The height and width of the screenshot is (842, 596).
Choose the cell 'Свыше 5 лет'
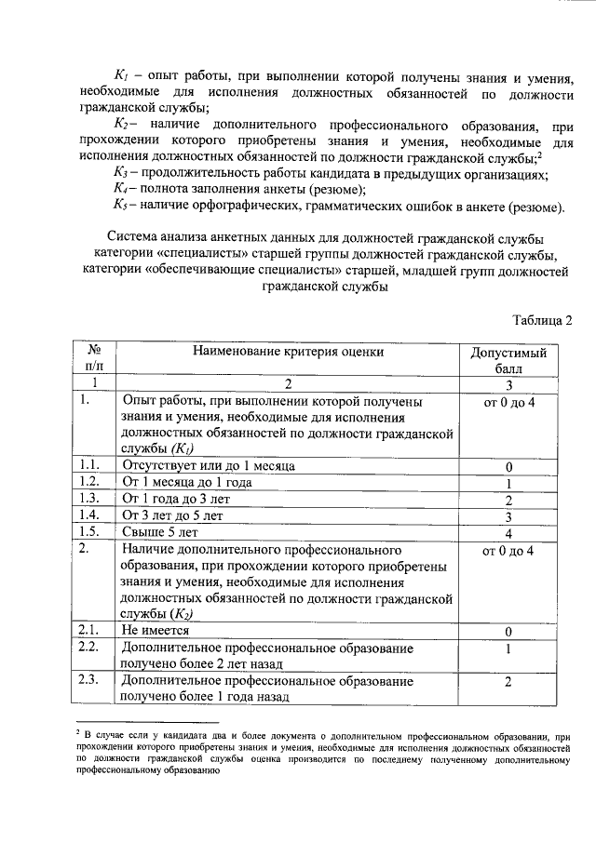pos(159,533)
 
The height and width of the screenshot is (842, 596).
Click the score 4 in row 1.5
pos(509,534)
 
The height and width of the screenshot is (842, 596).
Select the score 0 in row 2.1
pos(509,632)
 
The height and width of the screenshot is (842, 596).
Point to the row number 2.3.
pos(89,681)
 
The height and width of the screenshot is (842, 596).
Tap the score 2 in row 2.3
pos(509,682)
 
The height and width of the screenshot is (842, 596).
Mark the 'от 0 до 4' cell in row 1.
pos(509,402)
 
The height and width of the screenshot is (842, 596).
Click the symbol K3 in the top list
pos(119,174)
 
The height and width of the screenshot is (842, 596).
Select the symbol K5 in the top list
pos(119,206)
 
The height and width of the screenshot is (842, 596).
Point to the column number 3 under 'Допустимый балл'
pos(509,384)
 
